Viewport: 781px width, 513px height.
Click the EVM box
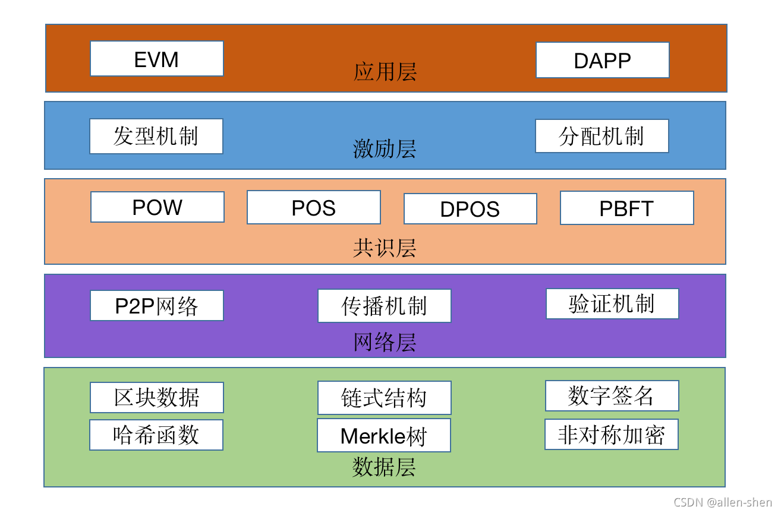[157, 59]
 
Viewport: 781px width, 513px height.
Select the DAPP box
[602, 60]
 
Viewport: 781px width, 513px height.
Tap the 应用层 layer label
[385, 72]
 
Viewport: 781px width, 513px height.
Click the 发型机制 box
[156, 136]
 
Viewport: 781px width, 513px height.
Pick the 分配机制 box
[602, 136]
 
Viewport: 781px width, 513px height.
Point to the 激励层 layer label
[385, 148]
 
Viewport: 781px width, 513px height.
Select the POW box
[158, 207]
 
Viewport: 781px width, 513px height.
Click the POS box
[313, 207]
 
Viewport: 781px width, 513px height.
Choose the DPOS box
[470, 208]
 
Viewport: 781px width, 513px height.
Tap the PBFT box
[626, 208]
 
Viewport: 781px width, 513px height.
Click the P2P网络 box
[157, 305]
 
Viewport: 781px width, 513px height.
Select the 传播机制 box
[384, 306]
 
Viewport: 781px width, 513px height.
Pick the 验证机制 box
[612, 303]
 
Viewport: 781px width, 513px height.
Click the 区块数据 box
[157, 397]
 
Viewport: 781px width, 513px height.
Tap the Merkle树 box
[383, 435]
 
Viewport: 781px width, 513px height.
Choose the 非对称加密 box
[611, 435]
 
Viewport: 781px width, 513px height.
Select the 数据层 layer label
[384, 467]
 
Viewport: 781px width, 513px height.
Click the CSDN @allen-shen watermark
[723, 502]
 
